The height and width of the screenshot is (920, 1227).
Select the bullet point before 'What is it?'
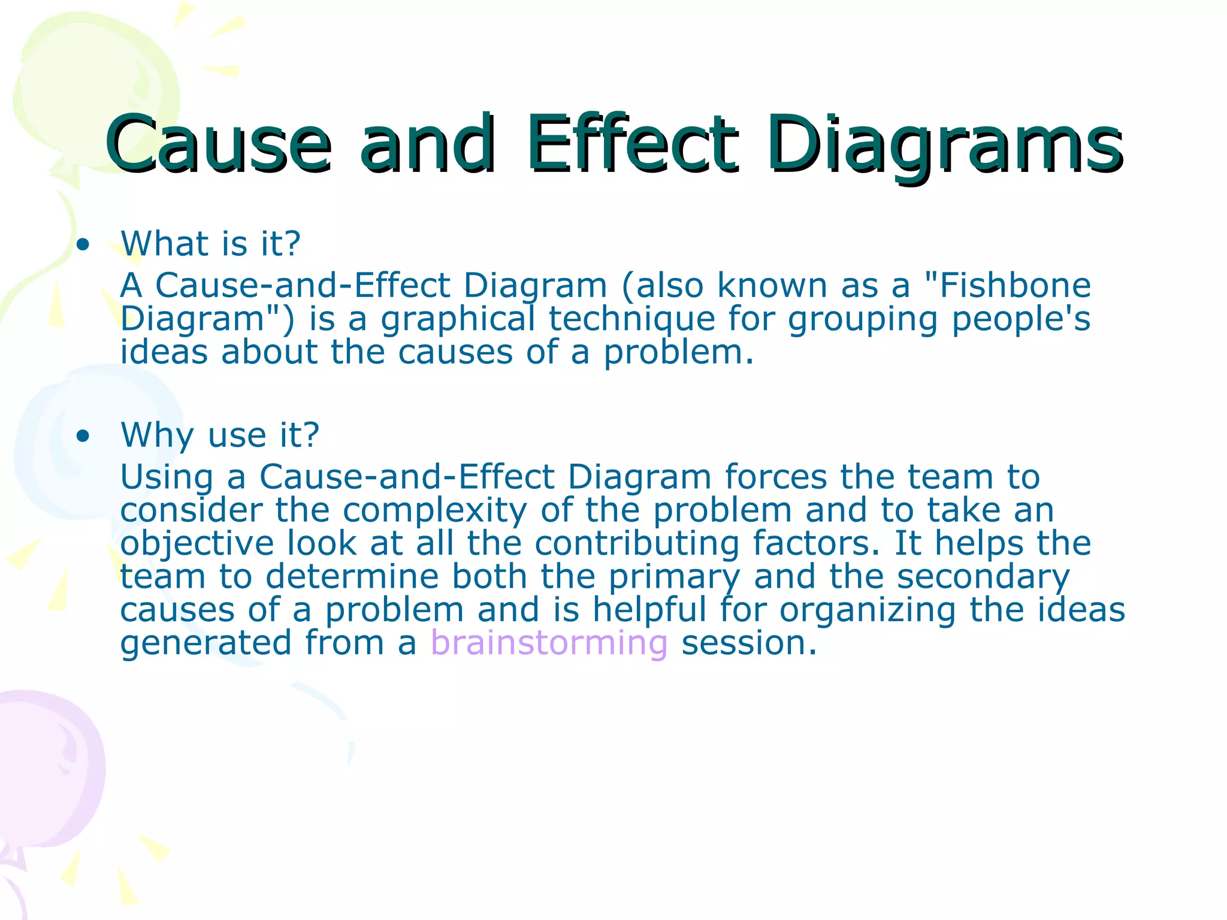point(83,244)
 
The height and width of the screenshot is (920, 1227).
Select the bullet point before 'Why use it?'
point(83,435)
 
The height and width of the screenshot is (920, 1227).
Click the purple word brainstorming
point(549,643)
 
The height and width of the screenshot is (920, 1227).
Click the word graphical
point(458,319)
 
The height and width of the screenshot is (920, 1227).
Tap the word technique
point(632,319)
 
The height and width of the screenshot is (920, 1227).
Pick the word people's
point(1021,319)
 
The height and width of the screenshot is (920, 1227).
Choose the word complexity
point(435,510)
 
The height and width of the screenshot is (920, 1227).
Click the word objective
point(197,544)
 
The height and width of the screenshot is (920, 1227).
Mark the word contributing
point(637,544)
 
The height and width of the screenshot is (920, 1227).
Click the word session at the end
point(749,643)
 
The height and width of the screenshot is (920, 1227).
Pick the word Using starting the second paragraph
point(167,478)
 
